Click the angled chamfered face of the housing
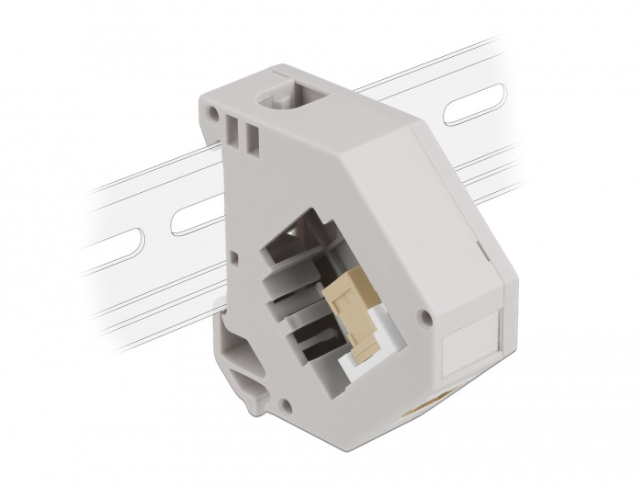pyautogui.click(x=367, y=156)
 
